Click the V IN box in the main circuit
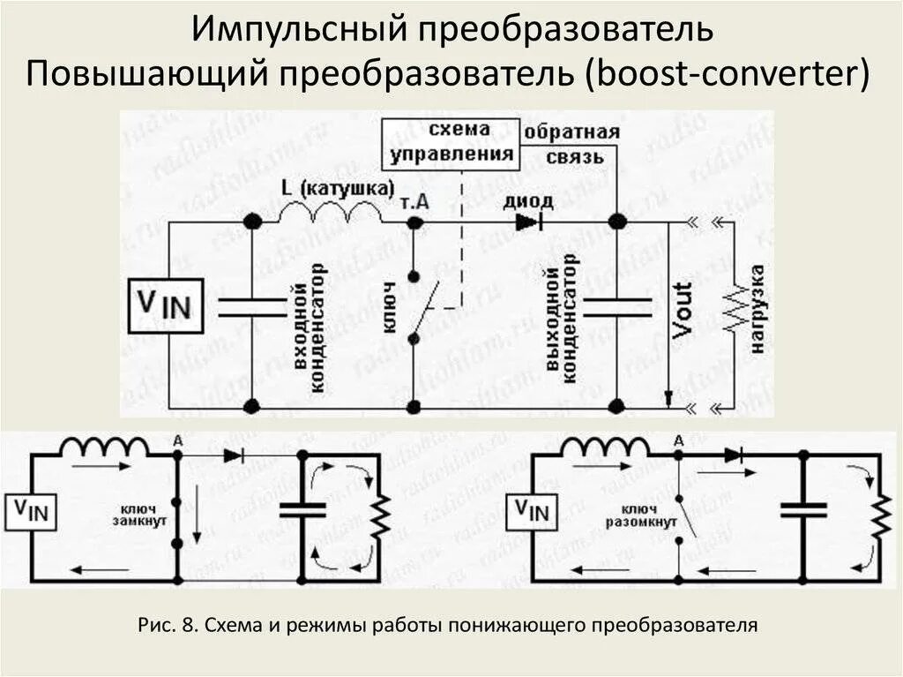pos(166,305)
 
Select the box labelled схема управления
pos(450,144)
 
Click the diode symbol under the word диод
pos(528,222)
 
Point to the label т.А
pos(415,201)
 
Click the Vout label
pos(682,310)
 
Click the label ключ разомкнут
pos(641,516)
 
